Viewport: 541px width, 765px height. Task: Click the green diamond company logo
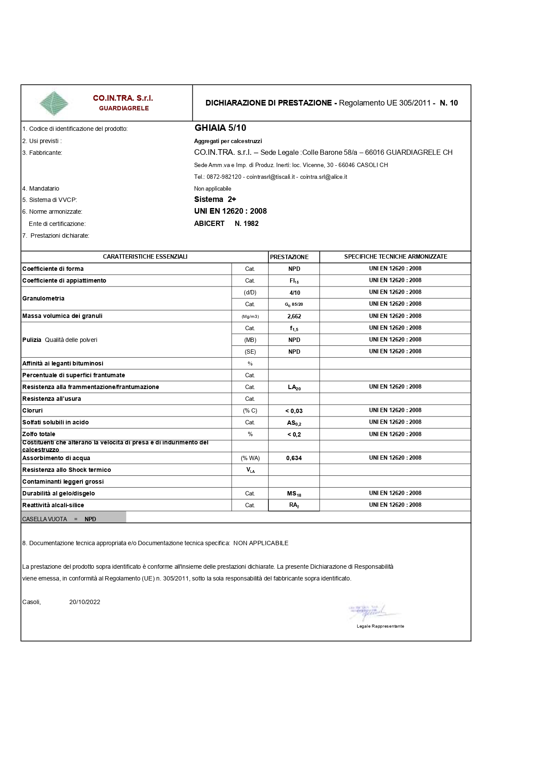point(54,103)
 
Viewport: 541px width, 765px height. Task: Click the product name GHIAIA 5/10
point(220,128)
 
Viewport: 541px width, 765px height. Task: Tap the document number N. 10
point(449,103)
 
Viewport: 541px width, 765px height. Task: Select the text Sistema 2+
point(215,199)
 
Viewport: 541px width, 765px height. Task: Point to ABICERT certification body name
point(209,223)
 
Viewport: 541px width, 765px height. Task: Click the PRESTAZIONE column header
point(289,257)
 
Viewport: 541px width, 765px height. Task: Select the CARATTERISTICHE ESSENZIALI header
point(145,256)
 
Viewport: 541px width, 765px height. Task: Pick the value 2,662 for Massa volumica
point(294,316)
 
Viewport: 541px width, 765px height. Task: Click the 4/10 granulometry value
point(294,293)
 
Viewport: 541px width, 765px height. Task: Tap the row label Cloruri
point(33,410)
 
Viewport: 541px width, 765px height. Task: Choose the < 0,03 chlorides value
point(294,411)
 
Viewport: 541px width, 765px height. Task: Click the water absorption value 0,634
point(294,458)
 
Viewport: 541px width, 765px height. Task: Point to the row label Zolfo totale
point(39,434)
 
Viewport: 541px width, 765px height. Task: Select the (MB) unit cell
point(250,340)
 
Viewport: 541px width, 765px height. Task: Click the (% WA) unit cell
point(250,458)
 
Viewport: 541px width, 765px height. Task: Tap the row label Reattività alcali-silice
point(53,505)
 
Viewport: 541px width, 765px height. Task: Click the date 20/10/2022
point(85,602)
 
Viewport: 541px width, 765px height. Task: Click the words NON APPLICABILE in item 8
point(261,543)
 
